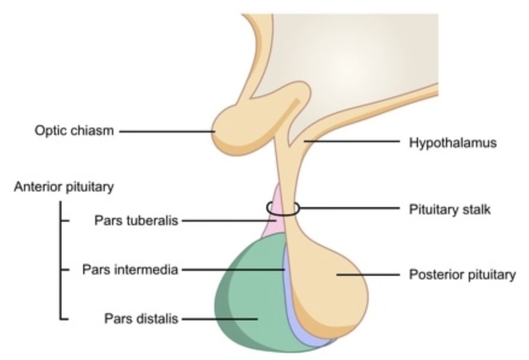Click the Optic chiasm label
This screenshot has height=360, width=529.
tap(74, 131)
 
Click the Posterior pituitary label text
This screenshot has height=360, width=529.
tap(462, 275)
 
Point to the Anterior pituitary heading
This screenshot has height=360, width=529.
tap(63, 187)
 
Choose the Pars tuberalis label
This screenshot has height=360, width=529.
tap(136, 220)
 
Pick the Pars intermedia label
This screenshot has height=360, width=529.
tap(130, 270)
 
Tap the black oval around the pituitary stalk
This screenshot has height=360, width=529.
tap(282, 209)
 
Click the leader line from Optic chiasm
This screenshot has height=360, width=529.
tap(163, 131)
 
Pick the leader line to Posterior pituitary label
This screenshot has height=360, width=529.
tap(368, 275)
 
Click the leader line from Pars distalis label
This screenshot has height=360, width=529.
tap(217, 318)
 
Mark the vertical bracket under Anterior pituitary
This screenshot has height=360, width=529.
tap(60, 259)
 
